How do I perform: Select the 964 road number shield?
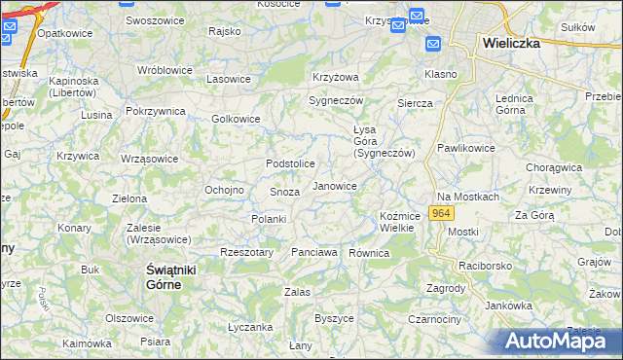[x=441, y=212]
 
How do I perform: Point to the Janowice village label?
[x=334, y=185]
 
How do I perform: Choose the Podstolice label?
[x=290, y=163]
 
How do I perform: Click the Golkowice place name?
[x=236, y=120]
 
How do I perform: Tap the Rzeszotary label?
[x=245, y=252]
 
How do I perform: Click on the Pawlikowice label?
[x=465, y=148]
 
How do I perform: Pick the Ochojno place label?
[x=223, y=190]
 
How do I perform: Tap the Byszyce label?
[x=334, y=318]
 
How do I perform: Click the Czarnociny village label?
[x=434, y=318]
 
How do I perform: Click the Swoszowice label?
[x=157, y=20]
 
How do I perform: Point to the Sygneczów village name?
[x=336, y=100]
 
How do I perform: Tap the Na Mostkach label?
[x=467, y=197]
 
